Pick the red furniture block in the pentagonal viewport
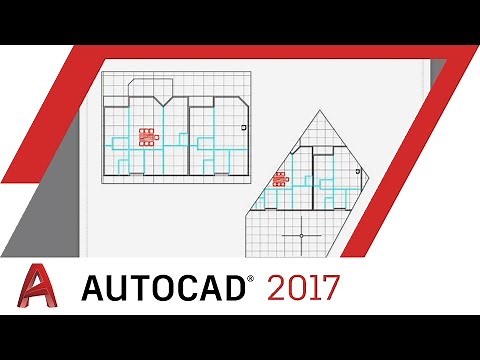[280, 181]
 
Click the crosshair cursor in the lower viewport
[300, 236]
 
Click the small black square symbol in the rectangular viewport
[244, 128]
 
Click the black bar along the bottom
[240, 337]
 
